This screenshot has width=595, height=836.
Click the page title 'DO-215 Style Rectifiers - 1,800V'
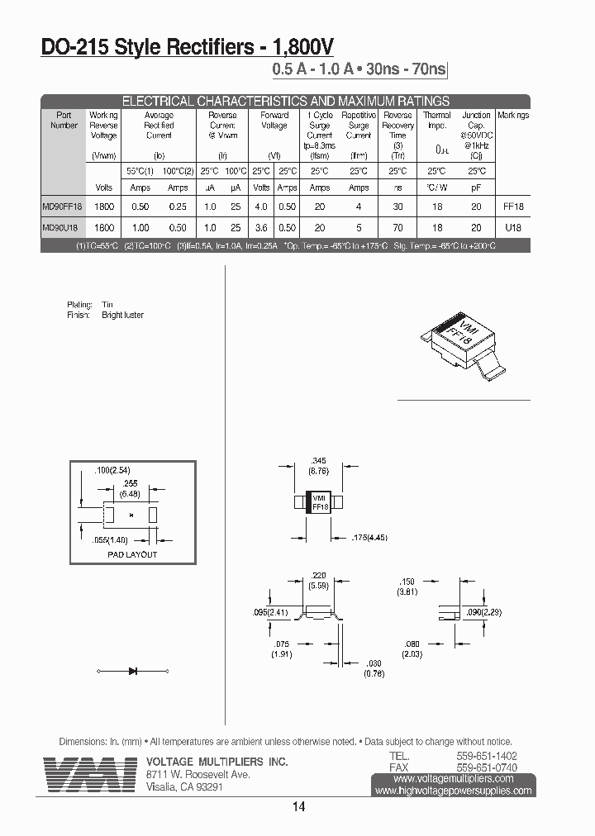[x=188, y=48]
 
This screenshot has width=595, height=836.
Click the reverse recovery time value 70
[x=397, y=227]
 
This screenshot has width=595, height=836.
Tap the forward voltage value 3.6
[x=261, y=227]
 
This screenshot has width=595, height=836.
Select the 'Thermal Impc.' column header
[x=436, y=121]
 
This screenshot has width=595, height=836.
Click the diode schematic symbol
[x=132, y=670]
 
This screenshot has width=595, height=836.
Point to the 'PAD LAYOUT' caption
[x=132, y=554]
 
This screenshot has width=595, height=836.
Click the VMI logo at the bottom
[x=91, y=775]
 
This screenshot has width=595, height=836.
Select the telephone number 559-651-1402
[x=487, y=756]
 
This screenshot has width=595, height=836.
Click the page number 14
[x=298, y=806]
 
